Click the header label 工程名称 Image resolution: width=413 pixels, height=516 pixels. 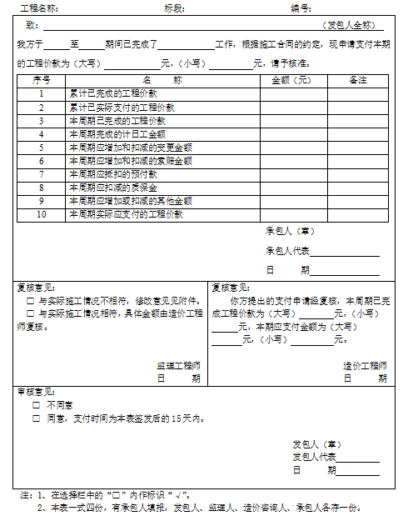click(x=38, y=8)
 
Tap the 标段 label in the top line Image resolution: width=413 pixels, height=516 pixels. click(x=175, y=8)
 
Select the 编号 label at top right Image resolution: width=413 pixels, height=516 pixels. click(x=301, y=8)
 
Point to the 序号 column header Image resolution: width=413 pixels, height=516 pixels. click(x=42, y=81)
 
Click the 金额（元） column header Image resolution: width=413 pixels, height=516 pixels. click(x=292, y=81)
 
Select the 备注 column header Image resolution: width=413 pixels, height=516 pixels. click(x=358, y=81)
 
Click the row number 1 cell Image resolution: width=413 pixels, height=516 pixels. click(x=42, y=94)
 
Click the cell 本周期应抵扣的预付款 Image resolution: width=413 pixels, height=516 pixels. click(x=113, y=174)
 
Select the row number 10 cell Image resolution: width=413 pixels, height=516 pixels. click(x=42, y=214)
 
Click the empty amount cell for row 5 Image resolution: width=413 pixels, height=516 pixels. click(x=292, y=148)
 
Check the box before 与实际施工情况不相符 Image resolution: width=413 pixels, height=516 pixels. click(x=31, y=300)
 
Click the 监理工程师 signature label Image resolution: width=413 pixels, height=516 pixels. click(x=178, y=365)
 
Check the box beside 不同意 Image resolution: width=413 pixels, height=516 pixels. click(x=37, y=405)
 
